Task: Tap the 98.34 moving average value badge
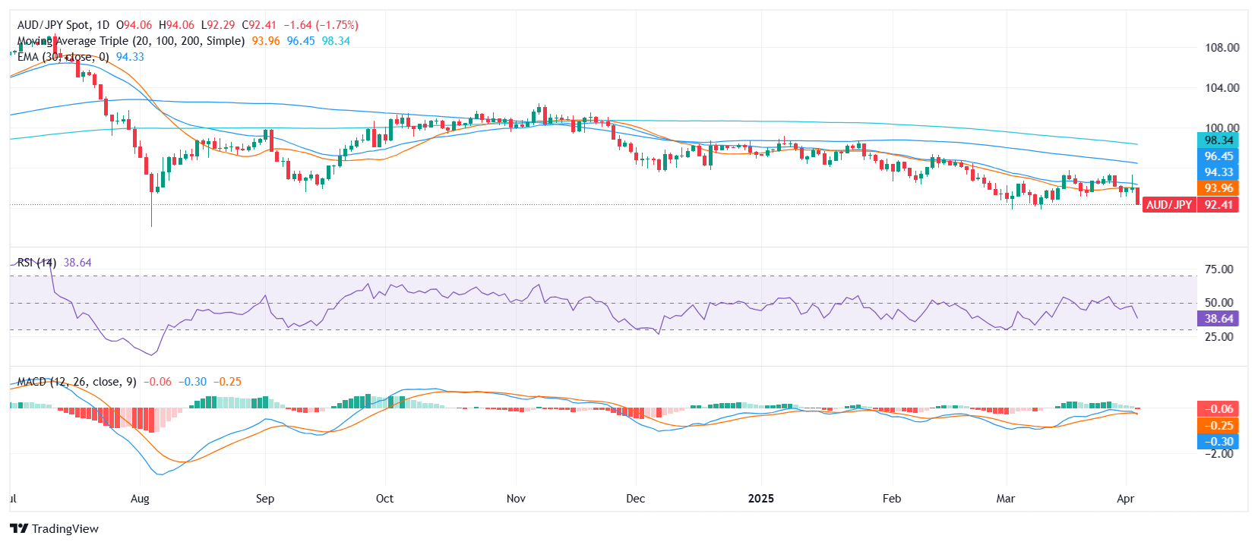point(1218,140)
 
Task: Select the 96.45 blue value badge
point(1218,156)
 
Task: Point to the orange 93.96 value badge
point(1218,188)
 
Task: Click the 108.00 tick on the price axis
point(1222,48)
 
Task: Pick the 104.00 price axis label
point(1222,88)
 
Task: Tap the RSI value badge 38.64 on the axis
point(1218,319)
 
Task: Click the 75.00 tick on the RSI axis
point(1218,269)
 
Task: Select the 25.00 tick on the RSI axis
point(1218,336)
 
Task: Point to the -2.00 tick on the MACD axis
point(1218,454)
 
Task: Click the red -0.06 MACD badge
point(1218,409)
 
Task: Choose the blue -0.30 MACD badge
point(1218,442)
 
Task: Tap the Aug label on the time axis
point(140,499)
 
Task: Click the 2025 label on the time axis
point(760,499)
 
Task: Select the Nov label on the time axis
point(516,499)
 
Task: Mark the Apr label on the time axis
point(1125,499)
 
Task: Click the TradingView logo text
point(65,529)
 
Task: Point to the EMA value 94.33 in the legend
point(130,57)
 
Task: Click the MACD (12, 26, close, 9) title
point(76,382)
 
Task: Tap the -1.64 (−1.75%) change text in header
point(321,25)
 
